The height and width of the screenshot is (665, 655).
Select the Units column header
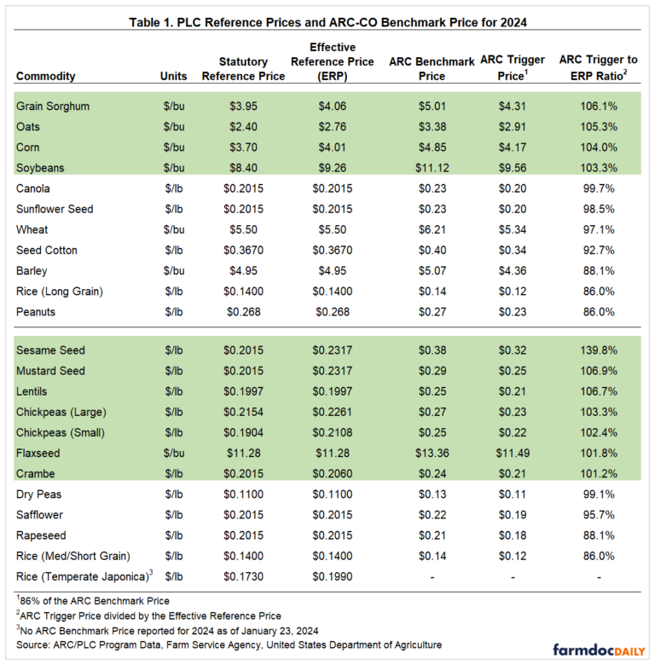pos(174,76)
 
